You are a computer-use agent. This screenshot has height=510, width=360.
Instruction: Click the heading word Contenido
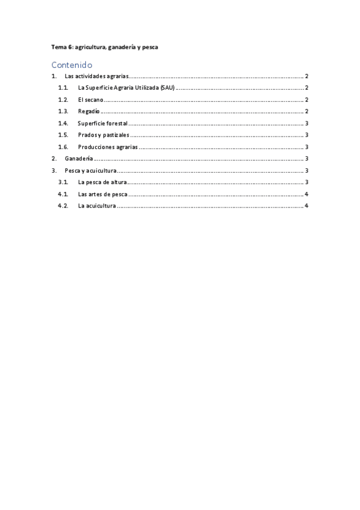point(72,64)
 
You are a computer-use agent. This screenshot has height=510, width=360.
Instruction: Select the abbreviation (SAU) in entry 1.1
point(166,88)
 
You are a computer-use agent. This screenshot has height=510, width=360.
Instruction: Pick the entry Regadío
point(88,112)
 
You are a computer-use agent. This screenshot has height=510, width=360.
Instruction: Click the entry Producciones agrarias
point(108,147)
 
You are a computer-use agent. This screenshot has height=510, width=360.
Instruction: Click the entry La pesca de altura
point(102,182)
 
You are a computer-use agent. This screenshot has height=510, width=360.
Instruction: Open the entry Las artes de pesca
point(102,194)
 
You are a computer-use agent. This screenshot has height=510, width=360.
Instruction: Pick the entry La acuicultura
point(96,206)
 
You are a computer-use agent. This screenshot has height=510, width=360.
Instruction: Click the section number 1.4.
point(63,123)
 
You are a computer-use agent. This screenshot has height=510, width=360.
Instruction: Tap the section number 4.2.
point(63,206)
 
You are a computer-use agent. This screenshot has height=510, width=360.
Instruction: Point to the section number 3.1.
point(63,182)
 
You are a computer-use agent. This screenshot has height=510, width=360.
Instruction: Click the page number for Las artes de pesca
point(307,194)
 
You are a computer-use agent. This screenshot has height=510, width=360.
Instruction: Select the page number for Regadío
point(307,112)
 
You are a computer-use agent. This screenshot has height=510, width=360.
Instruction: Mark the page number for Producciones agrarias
point(307,147)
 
